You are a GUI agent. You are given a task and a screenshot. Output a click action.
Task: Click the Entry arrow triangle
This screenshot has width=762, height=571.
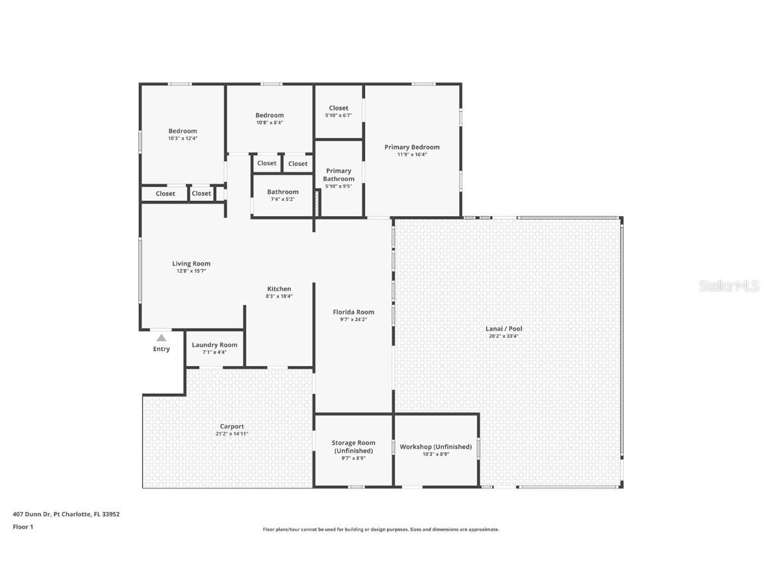click(161, 338)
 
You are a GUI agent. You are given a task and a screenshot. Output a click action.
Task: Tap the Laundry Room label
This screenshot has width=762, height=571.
click(215, 345)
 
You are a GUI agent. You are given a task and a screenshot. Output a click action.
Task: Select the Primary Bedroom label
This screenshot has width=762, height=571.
click(412, 147)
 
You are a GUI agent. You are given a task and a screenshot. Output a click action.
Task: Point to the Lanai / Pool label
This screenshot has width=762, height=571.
click(504, 328)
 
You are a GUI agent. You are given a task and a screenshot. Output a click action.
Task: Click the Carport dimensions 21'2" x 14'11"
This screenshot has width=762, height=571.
click(232, 434)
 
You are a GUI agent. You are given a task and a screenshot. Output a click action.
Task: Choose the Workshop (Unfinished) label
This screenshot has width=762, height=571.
click(436, 447)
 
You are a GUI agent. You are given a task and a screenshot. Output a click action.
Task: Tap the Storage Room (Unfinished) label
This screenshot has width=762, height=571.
click(353, 447)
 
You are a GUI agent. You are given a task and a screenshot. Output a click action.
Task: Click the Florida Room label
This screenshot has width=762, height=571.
click(353, 312)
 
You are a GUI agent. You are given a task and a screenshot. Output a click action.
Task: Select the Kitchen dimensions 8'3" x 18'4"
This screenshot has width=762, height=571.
click(279, 296)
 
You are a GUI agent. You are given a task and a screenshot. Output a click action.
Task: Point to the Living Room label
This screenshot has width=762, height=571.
click(191, 264)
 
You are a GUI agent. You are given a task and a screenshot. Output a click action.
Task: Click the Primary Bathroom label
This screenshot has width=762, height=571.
click(339, 174)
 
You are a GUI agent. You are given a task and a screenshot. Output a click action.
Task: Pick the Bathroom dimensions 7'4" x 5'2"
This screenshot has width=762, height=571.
click(283, 199)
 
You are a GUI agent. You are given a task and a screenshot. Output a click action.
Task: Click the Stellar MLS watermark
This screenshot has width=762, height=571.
click(729, 286)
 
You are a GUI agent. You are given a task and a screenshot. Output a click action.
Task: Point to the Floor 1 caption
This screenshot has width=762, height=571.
click(23, 527)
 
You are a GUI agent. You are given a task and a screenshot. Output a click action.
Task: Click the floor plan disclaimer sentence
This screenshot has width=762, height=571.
click(381, 530)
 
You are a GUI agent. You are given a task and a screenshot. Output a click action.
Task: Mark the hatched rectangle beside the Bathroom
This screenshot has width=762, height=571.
click(317, 204)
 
